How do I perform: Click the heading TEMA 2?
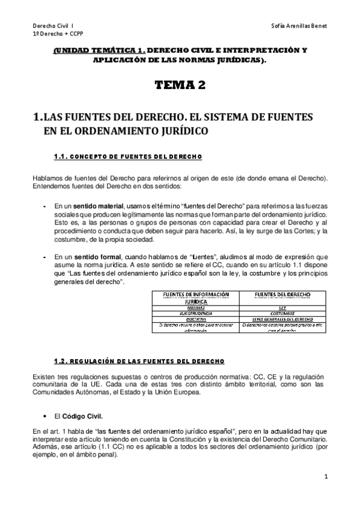pos(180,85)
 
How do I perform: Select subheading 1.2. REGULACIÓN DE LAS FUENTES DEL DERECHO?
pos(139,361)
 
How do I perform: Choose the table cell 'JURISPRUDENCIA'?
pos(195,313)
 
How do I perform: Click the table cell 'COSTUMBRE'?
pos(278,313)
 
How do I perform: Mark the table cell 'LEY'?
pos(278,307)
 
